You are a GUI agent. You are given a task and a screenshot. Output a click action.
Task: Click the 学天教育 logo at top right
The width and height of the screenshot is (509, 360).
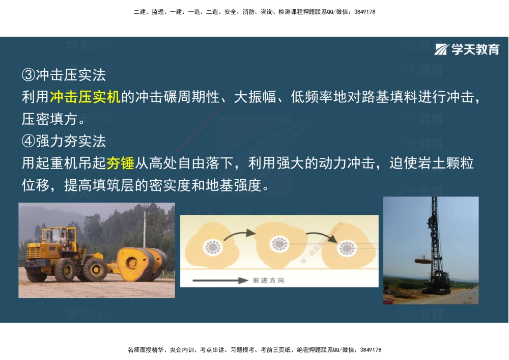467,49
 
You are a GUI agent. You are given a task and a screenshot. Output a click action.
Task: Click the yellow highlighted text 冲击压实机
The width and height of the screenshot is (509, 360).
85,97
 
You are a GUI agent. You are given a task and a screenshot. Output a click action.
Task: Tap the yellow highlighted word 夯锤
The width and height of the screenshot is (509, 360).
121,163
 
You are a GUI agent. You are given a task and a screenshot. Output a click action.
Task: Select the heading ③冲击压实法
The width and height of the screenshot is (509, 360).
64,75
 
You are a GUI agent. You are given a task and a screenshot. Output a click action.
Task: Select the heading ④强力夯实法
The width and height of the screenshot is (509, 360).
64,141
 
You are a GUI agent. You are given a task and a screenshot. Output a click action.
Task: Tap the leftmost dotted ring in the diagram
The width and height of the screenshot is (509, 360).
213,247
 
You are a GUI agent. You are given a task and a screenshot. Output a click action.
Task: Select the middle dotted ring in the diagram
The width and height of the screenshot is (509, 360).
279,243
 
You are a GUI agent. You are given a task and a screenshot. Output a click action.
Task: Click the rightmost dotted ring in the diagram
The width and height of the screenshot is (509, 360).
347,248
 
